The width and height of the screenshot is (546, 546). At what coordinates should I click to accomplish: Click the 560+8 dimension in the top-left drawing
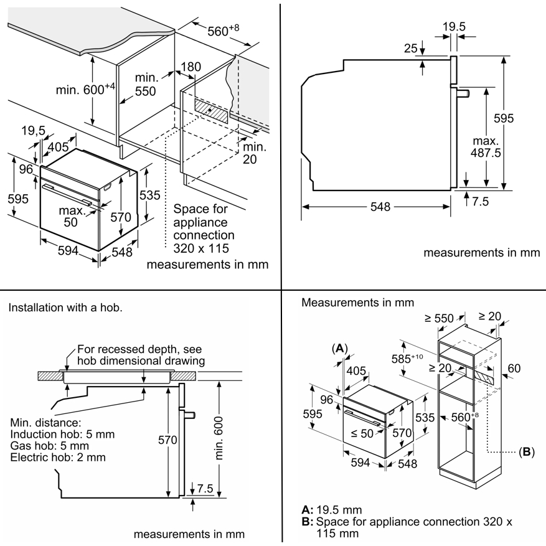click(x=224, y=31)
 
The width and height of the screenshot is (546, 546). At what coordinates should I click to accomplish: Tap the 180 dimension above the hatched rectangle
click(x=191, y=67)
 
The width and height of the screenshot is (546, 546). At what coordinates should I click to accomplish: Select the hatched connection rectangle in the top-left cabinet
click(x=211, y=111)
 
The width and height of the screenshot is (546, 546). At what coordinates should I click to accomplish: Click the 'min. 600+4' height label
click(x=85, y=89)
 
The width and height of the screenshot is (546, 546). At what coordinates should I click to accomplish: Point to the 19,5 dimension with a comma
click(x=34, y=131)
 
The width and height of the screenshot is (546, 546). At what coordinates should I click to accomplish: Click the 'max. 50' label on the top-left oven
click(x=72, y=216)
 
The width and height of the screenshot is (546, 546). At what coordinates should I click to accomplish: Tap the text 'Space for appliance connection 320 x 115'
click(x=204, y=228)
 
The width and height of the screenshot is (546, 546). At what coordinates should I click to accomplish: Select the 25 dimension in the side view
click(x=410, y=48)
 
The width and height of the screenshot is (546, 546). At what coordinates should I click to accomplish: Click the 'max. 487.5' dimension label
click(x=486, y=146)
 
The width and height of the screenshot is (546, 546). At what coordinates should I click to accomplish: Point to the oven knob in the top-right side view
click(x=463, y=93)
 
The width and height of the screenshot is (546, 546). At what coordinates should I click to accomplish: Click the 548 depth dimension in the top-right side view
click(x=380, y=207)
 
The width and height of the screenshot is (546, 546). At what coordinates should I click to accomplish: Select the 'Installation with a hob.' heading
click(x=65, y=308)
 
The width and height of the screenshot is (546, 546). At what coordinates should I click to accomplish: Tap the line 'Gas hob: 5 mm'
click(x=49, y=446)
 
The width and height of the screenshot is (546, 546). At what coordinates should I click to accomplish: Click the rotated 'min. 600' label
click(x=219, y=438)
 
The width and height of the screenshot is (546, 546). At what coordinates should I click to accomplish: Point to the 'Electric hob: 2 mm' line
click(x=58, y=457)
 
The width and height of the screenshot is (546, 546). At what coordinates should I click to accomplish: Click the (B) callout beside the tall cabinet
click(x=526, y=452)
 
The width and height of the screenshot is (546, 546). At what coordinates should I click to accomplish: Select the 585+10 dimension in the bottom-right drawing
click(x=407, y=359)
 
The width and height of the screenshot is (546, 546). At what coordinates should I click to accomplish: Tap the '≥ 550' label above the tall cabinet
click(x=439, y=318)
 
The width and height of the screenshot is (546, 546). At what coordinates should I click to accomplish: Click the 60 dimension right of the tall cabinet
click(x=514, y=368)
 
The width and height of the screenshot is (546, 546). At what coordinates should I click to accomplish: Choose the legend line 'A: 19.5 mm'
click(x=332, y=510)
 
